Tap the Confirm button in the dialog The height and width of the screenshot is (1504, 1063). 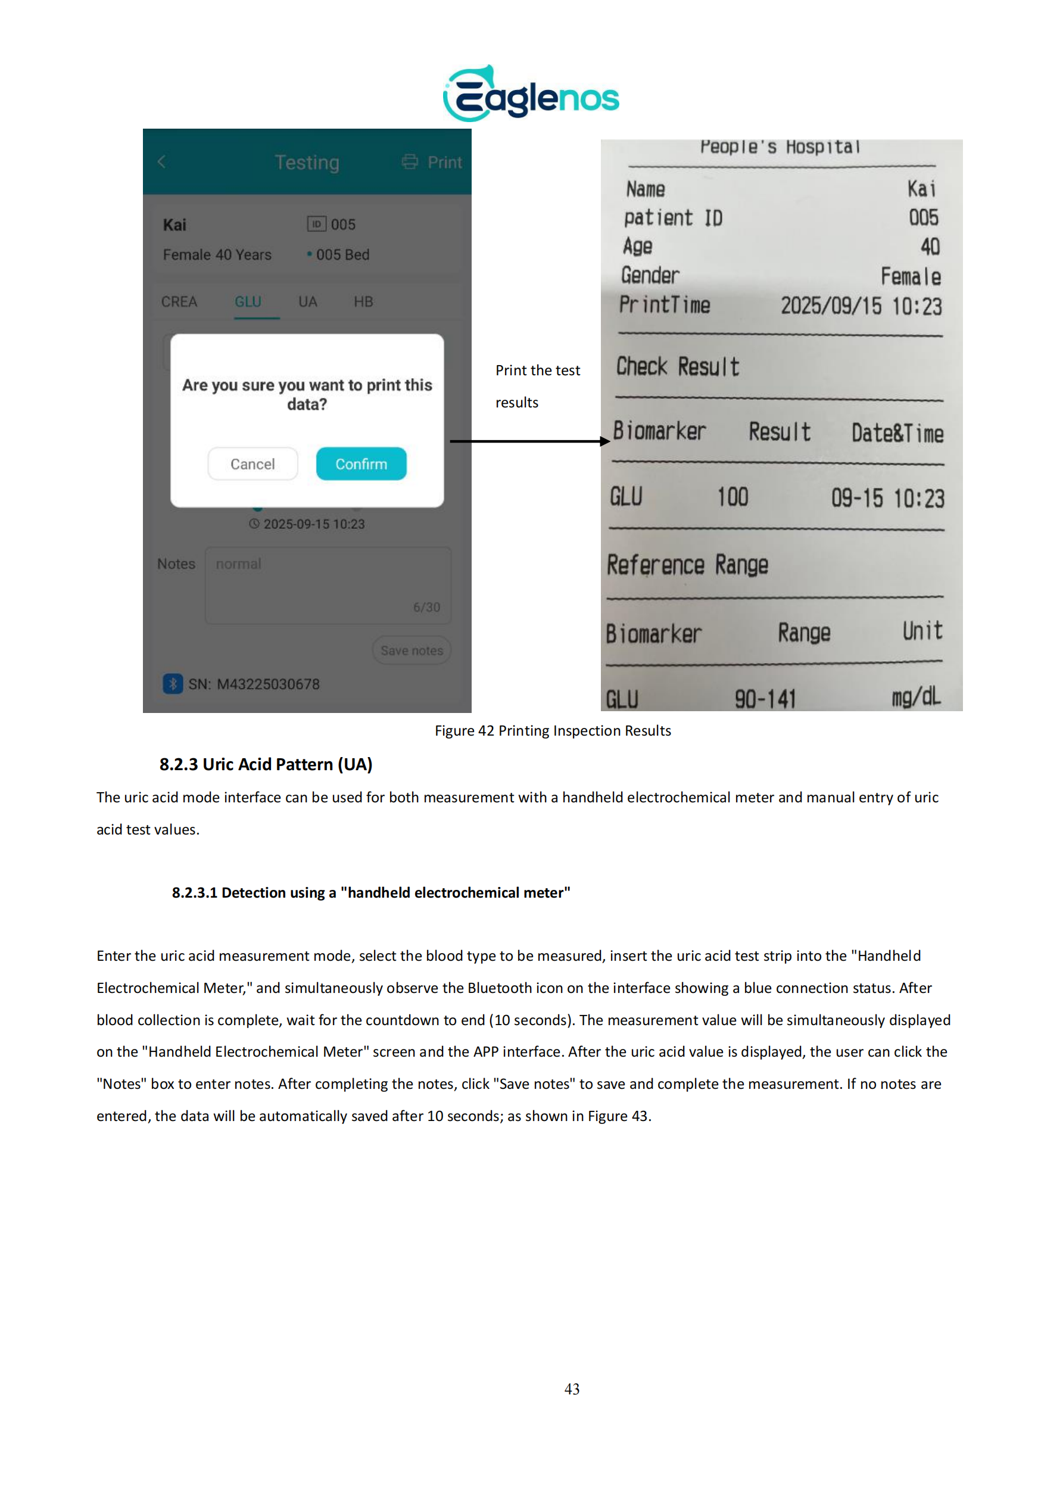361,464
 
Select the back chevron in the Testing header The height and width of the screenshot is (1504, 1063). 161,162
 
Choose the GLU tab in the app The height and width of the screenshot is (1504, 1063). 248,301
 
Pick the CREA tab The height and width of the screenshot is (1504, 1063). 179,301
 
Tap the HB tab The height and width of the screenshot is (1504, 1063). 363,301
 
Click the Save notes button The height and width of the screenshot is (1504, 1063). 412,650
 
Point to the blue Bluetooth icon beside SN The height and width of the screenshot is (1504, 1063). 172,684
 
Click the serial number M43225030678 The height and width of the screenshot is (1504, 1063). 268,684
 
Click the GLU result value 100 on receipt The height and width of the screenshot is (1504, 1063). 732,497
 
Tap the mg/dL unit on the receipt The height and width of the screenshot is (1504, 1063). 916,696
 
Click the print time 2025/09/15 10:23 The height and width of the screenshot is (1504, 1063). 861,306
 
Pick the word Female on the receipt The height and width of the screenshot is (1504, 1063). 911,276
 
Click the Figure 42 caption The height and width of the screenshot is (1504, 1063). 553,730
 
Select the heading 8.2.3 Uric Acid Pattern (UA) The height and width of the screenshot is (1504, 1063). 266,764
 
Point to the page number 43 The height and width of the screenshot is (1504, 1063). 572,1388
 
